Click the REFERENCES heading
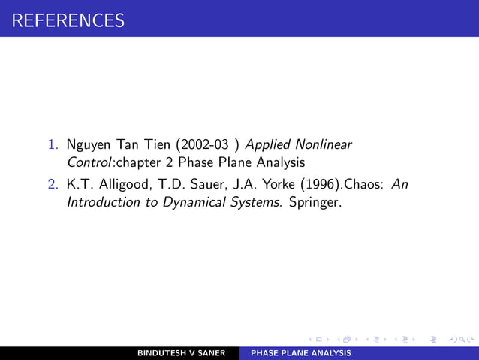63,20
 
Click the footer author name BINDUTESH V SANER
182,353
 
